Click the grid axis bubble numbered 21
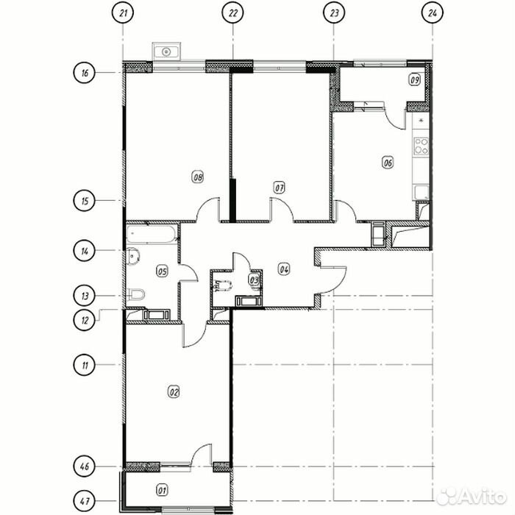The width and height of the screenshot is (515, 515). [x=124, y=13]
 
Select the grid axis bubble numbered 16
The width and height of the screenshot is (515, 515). [x=85, y=73]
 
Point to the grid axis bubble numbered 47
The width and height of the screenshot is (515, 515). [x=85, y=502]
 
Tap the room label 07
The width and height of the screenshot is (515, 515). [x=280, y=188]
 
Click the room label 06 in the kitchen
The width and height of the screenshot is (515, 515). [x=388, y=163]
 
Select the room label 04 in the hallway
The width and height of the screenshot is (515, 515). [x=283, y=269]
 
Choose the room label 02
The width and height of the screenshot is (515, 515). [x=174, y=392]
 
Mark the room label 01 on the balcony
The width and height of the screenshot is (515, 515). [x=163, y=489]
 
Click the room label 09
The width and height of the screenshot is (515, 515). [x=414, y=79]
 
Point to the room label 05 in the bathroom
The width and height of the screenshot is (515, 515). [x=163, y=271]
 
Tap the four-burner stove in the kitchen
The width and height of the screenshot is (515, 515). [x=422, y=145]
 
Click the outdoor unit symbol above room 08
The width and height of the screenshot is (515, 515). [x=167, y=51]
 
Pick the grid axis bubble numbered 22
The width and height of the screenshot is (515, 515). [x=233, y=13]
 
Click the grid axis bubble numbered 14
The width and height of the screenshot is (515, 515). [x=85, y=251]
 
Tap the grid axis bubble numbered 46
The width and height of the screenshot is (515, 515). [x=85, y=466]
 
